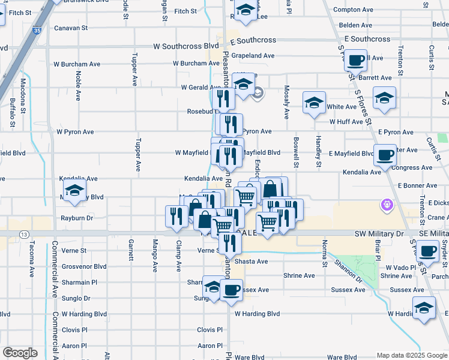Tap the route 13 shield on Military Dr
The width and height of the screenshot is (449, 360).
click(23, 233)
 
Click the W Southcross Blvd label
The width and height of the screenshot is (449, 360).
click(186, 46)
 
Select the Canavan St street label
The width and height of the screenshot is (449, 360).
click(71, 28)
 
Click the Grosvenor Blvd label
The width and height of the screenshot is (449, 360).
click(83, 266)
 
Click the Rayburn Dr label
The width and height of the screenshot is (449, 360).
click(77, 218)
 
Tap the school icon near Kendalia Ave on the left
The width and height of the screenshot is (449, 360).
click(74, 193)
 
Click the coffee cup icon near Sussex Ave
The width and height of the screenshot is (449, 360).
click(231, 290)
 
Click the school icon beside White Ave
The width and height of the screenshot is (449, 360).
click(314, 103)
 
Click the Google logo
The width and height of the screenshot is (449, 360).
click(20, 353)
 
